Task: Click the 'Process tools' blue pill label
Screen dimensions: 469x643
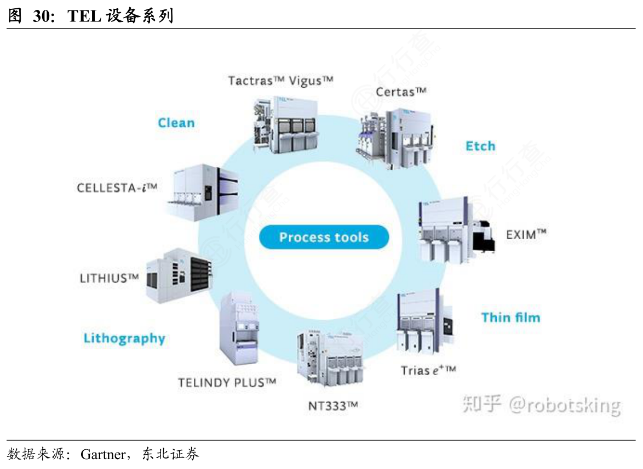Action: [x=324, y=238]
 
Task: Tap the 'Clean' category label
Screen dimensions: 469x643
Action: [x=176, y=123]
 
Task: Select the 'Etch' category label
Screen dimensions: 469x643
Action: [x=480, y=146]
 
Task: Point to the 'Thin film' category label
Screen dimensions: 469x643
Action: [x=510, y=317]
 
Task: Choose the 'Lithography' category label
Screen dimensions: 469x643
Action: [x=124, y=338]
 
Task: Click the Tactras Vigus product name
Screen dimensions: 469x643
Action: [x=280, y=81]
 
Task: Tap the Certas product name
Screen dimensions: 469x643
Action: [x=401, y=91]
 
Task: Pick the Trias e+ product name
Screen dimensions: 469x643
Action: [x=428, y=370]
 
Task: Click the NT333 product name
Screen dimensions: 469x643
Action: [x=333, y=406]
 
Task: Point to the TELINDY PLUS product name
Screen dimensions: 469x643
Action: [x=227, y=382]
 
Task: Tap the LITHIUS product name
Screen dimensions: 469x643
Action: [x=109, y=278]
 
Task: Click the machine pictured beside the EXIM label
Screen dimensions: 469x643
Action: [x=454, y=230]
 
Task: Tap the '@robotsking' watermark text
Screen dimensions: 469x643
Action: [x=565, y=405]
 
